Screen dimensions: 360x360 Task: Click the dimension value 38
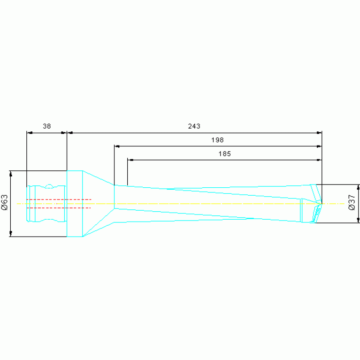[46, 126]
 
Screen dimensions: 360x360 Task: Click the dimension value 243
[194, 126]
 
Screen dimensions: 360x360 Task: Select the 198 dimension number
[217, 140]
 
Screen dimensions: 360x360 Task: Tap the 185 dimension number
[224, 153]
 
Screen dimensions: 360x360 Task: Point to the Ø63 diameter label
[5, 202]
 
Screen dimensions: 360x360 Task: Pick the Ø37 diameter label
[352, 202]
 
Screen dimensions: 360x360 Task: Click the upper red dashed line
[59, 199]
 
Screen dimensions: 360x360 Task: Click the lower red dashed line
[59, 208]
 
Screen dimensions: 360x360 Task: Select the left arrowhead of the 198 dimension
[117, 146]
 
